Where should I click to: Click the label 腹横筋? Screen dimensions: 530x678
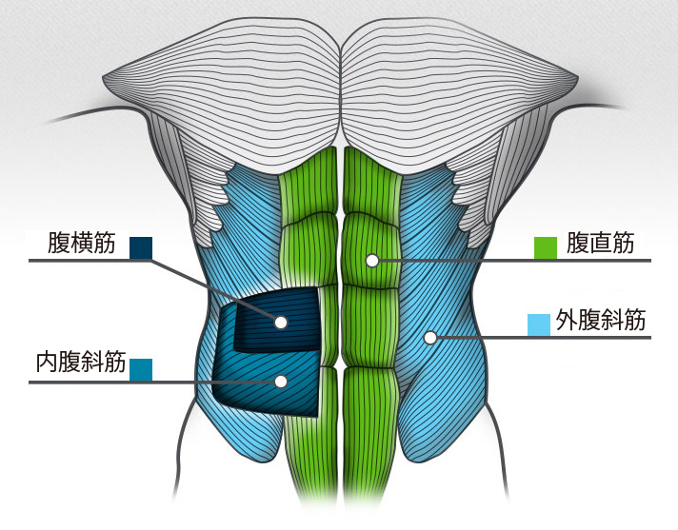82,244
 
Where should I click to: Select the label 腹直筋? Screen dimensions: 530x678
600,244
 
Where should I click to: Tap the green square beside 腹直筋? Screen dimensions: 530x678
546,247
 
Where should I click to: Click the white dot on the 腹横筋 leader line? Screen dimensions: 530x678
280,322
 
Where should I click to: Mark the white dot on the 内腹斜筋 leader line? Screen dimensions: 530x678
280,382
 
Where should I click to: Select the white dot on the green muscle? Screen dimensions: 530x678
372,260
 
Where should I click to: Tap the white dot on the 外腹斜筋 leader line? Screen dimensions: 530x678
430,337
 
